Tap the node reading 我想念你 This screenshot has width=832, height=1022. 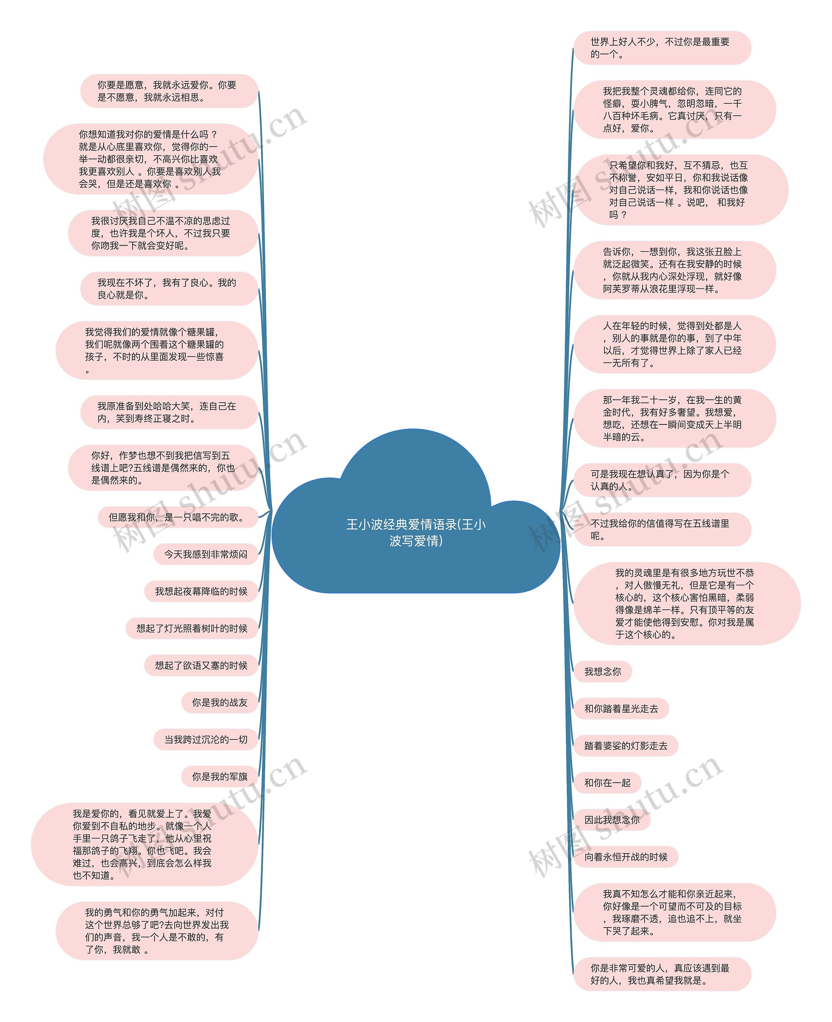click(603, 672)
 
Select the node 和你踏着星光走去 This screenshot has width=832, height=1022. click(621, 709)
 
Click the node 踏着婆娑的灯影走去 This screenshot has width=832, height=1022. click(625, 746)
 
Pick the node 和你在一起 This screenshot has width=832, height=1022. click(607, 783)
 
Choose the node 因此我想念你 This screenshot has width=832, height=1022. click(612, 820)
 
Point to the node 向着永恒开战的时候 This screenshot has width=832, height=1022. click(625, 857)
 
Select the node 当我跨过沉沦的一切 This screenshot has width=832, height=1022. click(206, 740)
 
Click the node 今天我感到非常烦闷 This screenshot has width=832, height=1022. click(206, 554)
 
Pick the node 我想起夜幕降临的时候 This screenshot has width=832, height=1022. click(201, 591)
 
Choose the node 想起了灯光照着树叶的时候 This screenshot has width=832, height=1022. click(192, 628)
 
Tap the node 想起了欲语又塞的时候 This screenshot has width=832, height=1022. click(201, 666)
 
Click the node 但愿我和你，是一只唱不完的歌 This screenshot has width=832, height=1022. click(178, 517)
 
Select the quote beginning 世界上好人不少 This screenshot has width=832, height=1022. click(662, 48)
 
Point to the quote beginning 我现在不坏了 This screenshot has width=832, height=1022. click(169, 289)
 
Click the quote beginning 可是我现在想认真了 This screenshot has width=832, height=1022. click(662, 480)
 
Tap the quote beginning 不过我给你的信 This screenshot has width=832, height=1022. click(662, 530)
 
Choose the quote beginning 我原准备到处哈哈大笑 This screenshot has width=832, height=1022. click(169, 412)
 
